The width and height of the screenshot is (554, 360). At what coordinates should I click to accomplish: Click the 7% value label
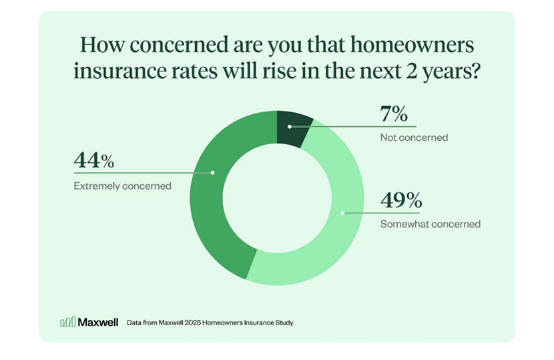tap(394, 114)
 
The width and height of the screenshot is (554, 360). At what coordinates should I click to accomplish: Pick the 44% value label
tap(94, 160)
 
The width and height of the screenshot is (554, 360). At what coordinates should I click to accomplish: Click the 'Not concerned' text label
tap(414, 138)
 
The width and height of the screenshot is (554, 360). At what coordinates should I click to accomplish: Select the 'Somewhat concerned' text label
tap(430, 224)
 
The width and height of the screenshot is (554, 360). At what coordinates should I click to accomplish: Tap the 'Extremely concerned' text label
tap(122, 186)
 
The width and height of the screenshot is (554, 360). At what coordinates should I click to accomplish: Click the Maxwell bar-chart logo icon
tap(67, 322)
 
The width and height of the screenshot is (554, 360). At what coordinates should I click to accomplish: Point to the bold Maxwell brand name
tap(98, 322)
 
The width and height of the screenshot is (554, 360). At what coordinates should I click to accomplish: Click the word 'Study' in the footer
tap(282, 323)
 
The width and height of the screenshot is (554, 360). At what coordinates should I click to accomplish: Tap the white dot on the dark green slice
tap(289, 126)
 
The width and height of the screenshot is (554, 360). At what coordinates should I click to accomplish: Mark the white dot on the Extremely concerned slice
tap(212, 172)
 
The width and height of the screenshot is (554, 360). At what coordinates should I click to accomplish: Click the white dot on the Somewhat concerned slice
tap(342, 213)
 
